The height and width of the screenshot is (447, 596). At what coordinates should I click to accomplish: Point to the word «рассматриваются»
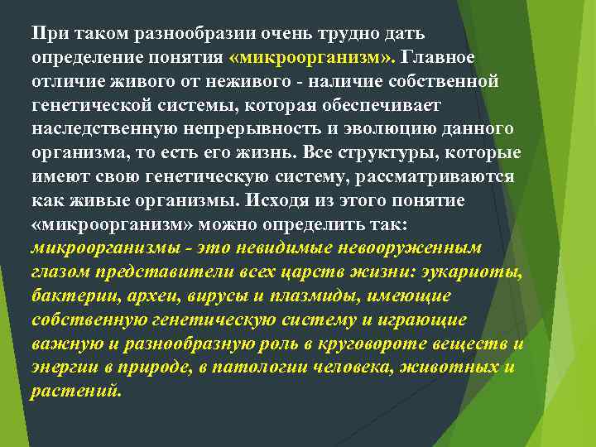pos(447,177)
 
